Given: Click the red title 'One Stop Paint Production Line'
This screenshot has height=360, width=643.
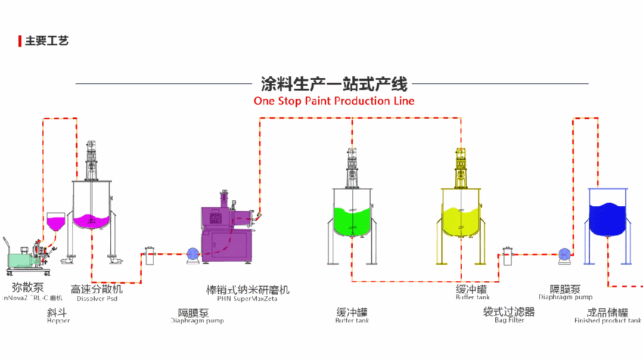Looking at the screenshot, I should [334, 101].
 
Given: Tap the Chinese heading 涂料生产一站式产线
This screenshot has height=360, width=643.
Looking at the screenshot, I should [334, 83].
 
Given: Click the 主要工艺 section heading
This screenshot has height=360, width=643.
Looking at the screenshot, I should [46, 41].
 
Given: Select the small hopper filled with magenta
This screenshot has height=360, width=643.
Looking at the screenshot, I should [57, 222].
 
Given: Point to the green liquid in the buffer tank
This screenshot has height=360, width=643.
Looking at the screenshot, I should [353, 219].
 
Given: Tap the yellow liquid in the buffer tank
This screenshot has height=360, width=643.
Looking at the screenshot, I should [460, 219].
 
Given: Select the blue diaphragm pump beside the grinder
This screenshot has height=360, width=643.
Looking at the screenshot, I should [193, 254].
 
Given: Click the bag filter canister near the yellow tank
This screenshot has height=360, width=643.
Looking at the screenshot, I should [507, 256].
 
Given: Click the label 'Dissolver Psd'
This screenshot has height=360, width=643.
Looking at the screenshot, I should [97, 299].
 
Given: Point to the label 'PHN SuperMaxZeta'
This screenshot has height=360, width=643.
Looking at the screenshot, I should [247, 299].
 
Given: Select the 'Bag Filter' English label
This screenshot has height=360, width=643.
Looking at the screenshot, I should [509, 320].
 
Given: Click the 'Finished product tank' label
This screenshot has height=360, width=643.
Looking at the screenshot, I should [607, 321].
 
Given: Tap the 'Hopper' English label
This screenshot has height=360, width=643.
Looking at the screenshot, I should [58, 321].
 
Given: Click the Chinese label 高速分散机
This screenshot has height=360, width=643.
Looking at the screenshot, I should [97, 289].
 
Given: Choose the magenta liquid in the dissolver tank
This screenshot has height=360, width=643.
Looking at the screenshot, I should [92, 220].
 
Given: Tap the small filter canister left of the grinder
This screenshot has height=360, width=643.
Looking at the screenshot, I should [150, 256].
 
